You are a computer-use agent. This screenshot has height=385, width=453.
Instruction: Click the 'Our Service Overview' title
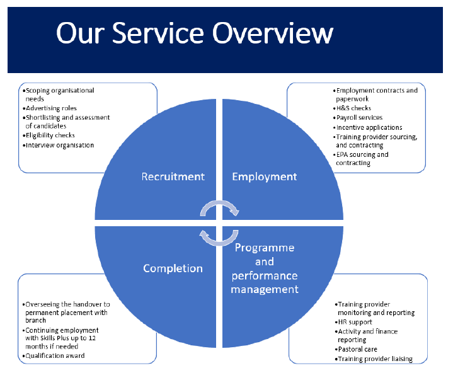coord(195,33)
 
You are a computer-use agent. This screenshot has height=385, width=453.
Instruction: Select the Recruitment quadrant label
coord(173,176)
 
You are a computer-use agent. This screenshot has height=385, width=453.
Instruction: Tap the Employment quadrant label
coord(265,176)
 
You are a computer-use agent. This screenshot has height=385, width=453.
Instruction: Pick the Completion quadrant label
coord(173,268)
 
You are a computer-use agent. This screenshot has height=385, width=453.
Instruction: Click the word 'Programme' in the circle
coord(265,248)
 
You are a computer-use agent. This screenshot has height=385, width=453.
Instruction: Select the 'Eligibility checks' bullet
coord(49,135)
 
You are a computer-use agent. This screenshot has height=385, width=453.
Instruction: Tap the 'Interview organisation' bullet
coord(59,145)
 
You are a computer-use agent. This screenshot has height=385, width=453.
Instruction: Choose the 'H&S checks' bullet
coord(352,108)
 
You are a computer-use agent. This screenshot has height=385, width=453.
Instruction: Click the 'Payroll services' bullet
coord(358,118)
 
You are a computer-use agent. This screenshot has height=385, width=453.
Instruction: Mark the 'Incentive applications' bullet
coord(368,127)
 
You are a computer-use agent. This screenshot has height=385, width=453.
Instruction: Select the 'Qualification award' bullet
coord(54,356)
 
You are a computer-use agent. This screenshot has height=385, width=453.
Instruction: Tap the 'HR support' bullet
coord(353,322)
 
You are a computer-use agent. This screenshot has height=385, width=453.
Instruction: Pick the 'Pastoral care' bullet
coord(356,350)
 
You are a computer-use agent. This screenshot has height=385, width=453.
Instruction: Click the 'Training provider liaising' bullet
coord(374,359)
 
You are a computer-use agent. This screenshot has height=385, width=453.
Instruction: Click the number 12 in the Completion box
coord(92,338)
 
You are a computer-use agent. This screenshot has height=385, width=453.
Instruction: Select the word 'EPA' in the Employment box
coord(342,155)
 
